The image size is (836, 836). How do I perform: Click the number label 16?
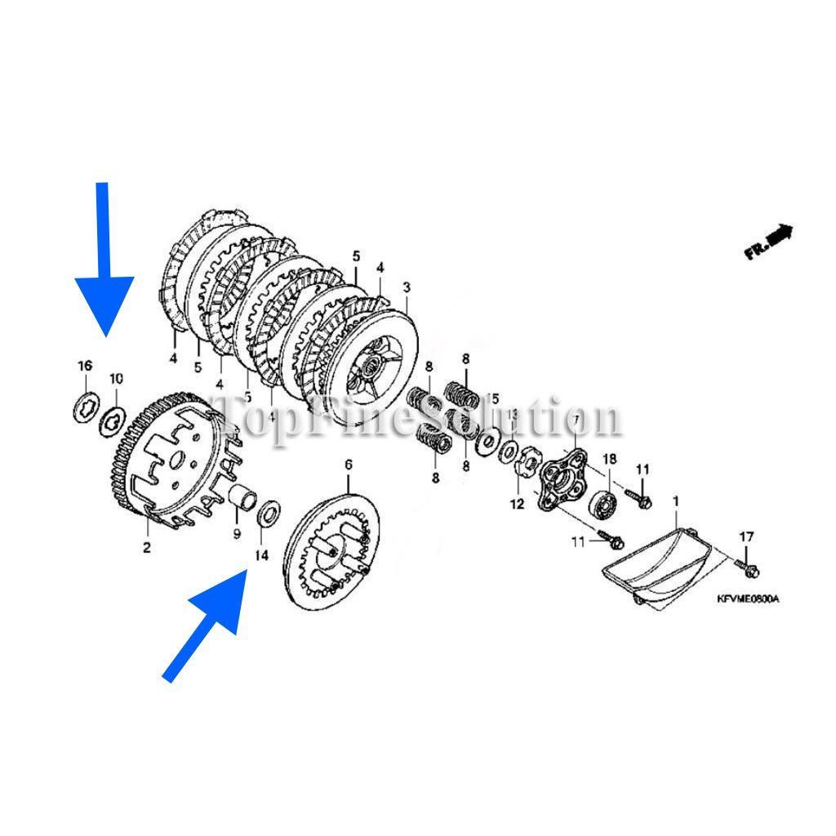(85, 365)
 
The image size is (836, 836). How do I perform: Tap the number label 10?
(116, 378)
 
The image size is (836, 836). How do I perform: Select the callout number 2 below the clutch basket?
(147, 547)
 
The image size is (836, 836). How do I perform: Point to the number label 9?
(238, 534)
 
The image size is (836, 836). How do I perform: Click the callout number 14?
(261, 555)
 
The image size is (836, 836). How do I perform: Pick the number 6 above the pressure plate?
(349, 465)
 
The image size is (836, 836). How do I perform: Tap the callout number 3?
(407, 287)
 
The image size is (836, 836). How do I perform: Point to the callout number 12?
(518, 504)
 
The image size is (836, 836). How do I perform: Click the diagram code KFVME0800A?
(748, 599)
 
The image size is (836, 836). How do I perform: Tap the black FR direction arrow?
(768, 242)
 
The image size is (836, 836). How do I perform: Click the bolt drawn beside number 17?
(746, 563)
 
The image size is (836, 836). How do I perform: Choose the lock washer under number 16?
(85, 406)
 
